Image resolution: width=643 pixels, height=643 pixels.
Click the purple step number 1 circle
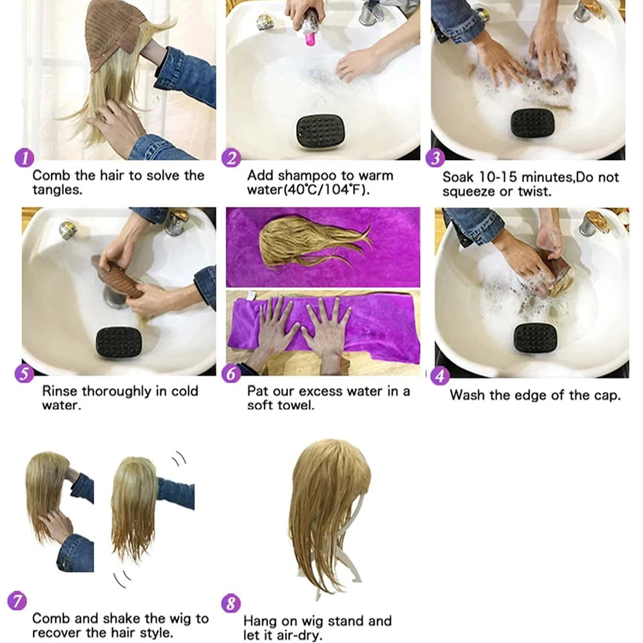(24, 159)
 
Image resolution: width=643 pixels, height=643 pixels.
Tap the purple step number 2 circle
(231, 159)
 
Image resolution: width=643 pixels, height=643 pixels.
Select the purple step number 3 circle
(435, 159)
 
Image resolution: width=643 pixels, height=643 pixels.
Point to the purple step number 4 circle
(439, 376)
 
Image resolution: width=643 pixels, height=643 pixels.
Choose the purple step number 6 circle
(231, 373)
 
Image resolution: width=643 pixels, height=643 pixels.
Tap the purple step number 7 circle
(17, 601)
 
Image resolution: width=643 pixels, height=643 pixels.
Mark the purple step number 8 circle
(231, 603)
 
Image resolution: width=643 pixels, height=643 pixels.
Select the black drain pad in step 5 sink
(119, 342)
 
